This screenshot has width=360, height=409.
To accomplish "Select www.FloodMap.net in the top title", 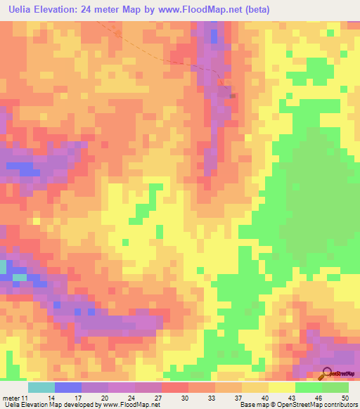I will (x=200, y=9).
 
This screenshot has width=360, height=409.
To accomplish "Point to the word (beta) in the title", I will (x=257, y=9).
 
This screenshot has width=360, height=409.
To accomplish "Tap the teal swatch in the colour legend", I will (x=41, y=387).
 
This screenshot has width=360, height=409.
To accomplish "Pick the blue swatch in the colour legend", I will (x=67, y=387).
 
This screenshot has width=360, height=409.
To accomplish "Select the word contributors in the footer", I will (x=340, y=405).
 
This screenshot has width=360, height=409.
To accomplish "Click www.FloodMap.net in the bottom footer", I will (x=131, y=405).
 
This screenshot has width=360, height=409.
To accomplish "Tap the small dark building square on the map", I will (x=232, y=96).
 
